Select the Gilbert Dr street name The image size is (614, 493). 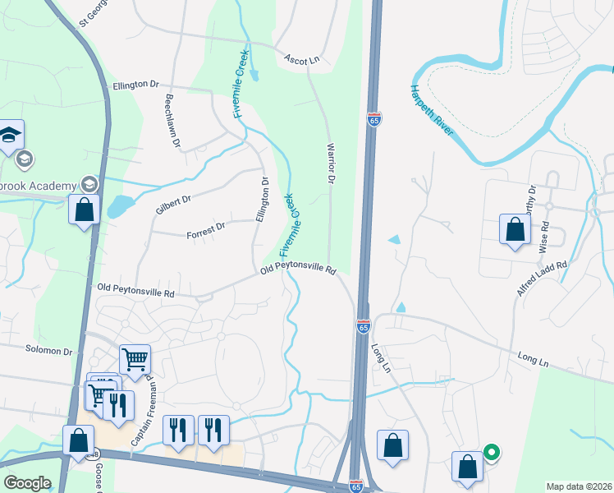173,205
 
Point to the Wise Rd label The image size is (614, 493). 543,241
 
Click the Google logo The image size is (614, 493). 27,483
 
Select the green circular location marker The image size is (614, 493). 491,452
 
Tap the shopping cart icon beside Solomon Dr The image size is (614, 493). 135,358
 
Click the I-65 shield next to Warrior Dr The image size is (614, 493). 374,120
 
